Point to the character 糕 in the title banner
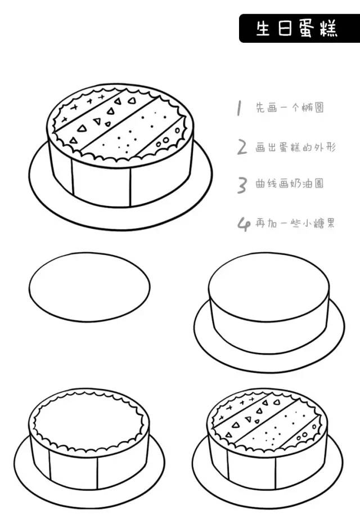(329, 29)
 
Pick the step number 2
(242, 147)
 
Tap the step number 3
(242, 185)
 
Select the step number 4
(244, 223)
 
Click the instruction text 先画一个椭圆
(290, 108)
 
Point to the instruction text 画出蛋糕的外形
(295, 147)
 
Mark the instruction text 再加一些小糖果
(295, 223)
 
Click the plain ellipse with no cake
(89, 287)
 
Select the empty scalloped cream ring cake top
(89, 419)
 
